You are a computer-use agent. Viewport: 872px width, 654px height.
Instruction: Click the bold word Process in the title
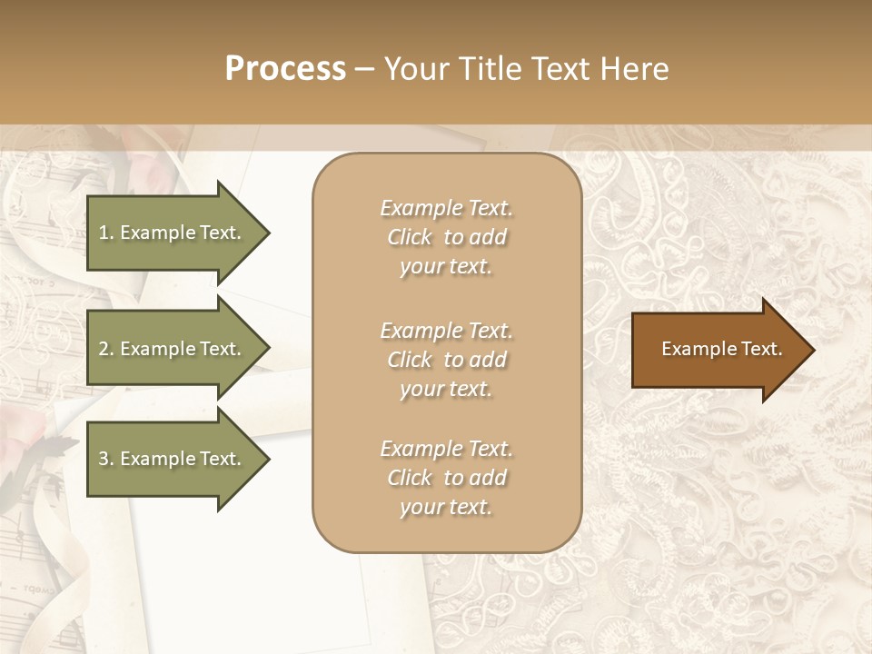(285, 69)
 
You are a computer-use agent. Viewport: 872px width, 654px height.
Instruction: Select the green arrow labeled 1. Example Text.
(173, 233)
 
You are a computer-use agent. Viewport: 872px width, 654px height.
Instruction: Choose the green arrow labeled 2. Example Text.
(173, 349)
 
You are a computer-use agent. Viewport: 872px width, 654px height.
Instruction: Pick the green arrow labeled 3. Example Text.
(173, 459)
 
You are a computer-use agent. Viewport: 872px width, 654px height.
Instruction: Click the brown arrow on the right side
(718, 350)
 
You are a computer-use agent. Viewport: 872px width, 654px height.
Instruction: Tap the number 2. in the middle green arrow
(105, 349)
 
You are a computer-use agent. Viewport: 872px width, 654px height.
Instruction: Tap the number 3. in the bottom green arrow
(105, 459)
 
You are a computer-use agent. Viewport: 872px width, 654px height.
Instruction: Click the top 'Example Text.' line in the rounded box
(446, 208)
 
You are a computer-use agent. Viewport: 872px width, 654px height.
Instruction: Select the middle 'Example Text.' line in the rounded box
(446, 331)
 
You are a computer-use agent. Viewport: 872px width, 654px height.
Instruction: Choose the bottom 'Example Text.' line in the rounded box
(446, 449)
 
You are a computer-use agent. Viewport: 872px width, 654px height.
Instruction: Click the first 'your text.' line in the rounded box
(446, 267)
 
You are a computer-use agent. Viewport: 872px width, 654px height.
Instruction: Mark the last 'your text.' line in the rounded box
(446, 508)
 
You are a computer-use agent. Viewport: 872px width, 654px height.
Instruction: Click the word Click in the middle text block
(409, 360)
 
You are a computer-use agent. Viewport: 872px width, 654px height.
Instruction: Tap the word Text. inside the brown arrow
(759, 349)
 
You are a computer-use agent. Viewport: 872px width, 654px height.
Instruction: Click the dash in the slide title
(365, 69)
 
